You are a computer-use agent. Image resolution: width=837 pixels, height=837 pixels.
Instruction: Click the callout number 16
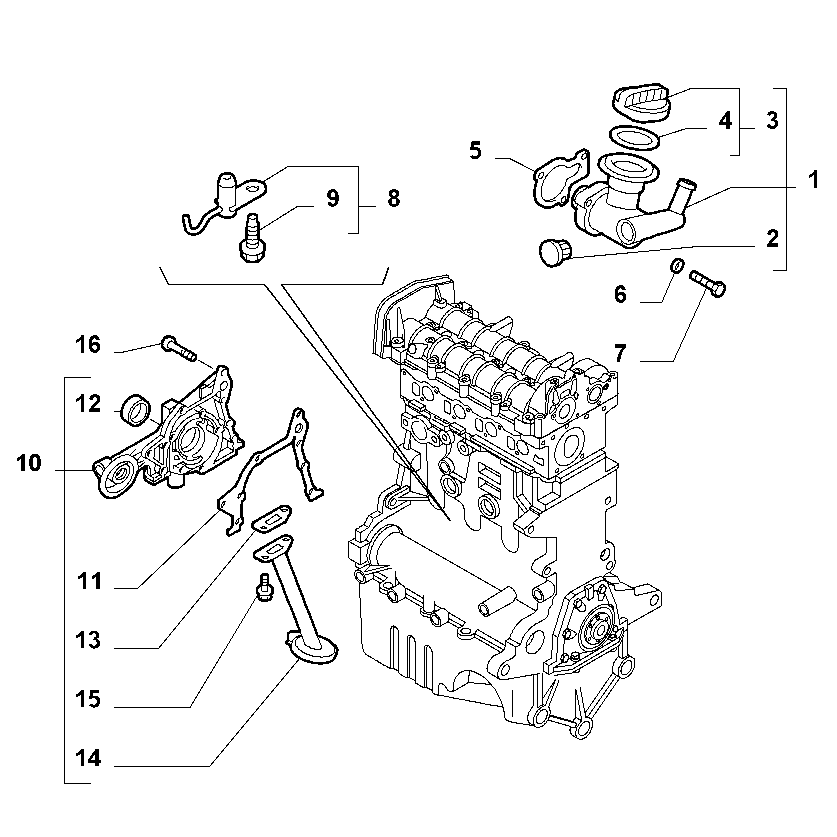88,345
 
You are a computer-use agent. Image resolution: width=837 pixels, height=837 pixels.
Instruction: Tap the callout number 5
475,150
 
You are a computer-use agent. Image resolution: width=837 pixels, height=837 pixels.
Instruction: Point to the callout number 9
333,198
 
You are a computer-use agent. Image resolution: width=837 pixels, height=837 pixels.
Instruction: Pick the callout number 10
28,463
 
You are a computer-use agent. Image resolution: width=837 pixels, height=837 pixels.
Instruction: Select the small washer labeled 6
676,266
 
